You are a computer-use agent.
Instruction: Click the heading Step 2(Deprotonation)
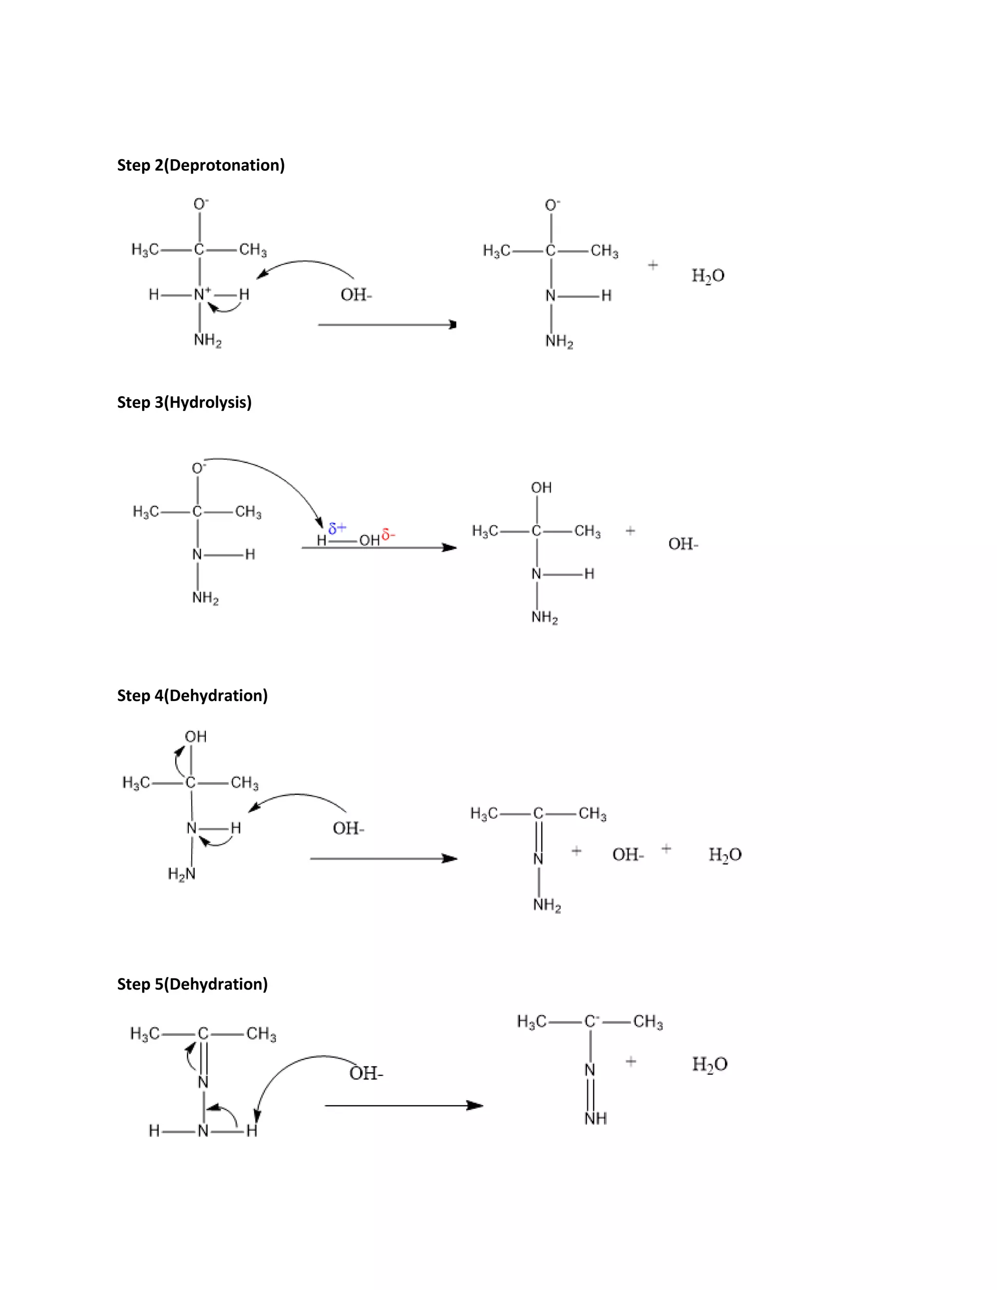click(x=201, y=166)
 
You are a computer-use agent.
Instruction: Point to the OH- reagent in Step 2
click(x=356, y=295)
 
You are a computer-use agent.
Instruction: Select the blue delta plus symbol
click(x=337, y=528)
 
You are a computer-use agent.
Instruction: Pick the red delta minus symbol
click(x=388, y=535)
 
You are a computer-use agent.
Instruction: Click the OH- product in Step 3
click(x=683, y=544)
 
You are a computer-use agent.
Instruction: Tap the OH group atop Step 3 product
click(x=541, y=488)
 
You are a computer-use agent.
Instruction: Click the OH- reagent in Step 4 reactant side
click(x=349, y=828)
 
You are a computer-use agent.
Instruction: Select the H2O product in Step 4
click(x=725, y=855)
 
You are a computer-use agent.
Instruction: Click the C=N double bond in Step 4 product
click(x=538, y=836)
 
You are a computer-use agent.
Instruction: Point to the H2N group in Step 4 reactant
click(x=181, y=874)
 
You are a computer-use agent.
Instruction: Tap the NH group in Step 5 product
click(x=595, y=1118)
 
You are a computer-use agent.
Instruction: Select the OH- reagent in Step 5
click(x=366, y=1073)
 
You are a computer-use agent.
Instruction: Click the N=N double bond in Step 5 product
click(x=591, y=1094)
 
